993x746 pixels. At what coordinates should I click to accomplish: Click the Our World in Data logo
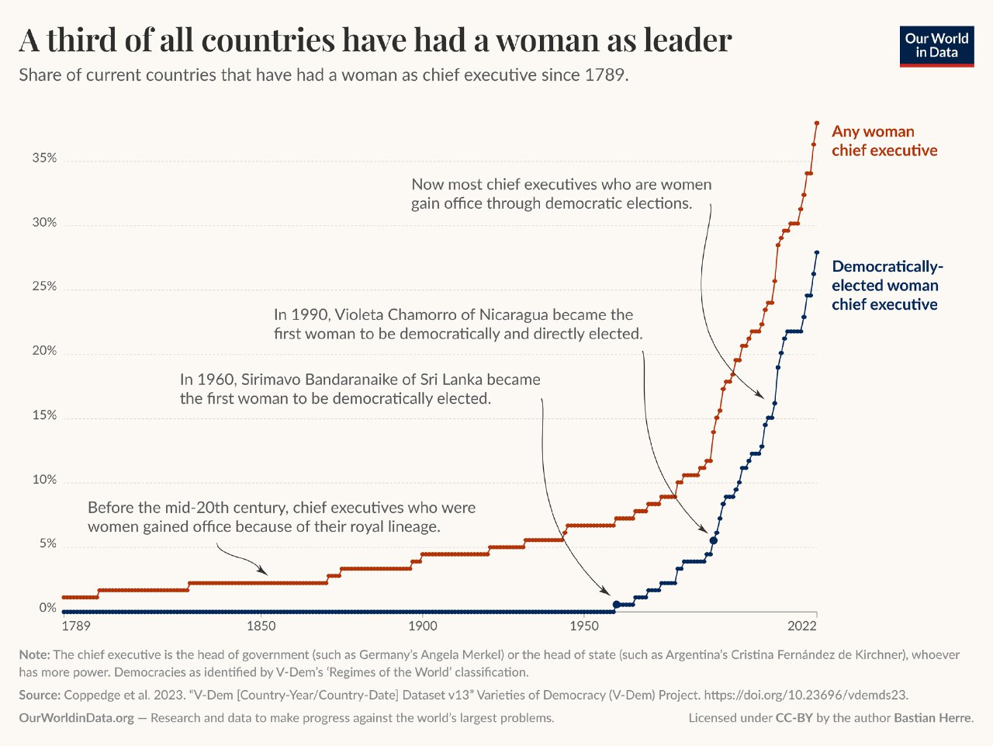(x=936, y=46)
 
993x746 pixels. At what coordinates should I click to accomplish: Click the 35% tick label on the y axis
(x=44, y=158)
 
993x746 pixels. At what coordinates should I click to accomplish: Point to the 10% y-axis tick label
(x=44, y=480)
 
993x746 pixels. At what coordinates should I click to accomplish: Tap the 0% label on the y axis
(x=48, y=608)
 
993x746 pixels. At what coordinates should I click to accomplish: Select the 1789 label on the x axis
(x=75, y=626)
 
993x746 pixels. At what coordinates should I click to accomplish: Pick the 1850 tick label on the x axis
(x=261, y=626)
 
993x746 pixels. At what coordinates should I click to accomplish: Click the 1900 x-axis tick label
(x=422, y=626)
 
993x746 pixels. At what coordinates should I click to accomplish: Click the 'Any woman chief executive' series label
(x=884, y=141)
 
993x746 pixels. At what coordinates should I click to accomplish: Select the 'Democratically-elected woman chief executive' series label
(x=887, y=286)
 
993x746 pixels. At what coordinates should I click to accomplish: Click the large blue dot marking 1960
(x=617, y=604)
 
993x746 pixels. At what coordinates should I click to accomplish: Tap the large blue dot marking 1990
(x=714, y=540)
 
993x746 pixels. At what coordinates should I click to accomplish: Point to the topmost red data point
(x=817, y=123)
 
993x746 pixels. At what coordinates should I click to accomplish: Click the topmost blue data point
(x=817, y=252)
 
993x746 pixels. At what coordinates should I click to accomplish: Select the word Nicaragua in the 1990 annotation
(x=514, y=315)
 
